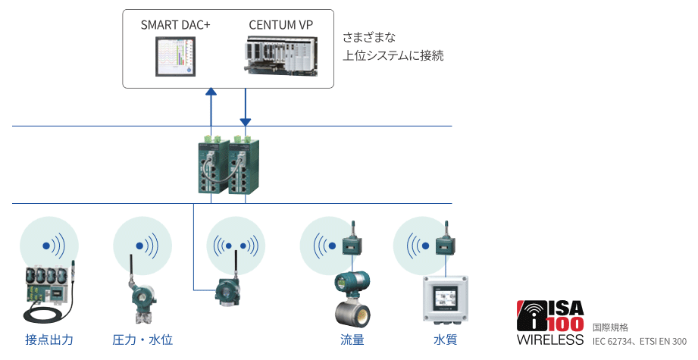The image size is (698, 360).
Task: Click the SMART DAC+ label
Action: (175, 25)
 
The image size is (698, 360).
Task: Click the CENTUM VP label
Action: (280, 25)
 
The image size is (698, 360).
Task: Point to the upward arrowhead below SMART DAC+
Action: (211, 92)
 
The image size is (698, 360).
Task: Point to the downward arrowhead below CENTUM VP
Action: (246, 121)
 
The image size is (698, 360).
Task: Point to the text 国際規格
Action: (610, 327)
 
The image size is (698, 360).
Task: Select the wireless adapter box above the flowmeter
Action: (352, 244)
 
